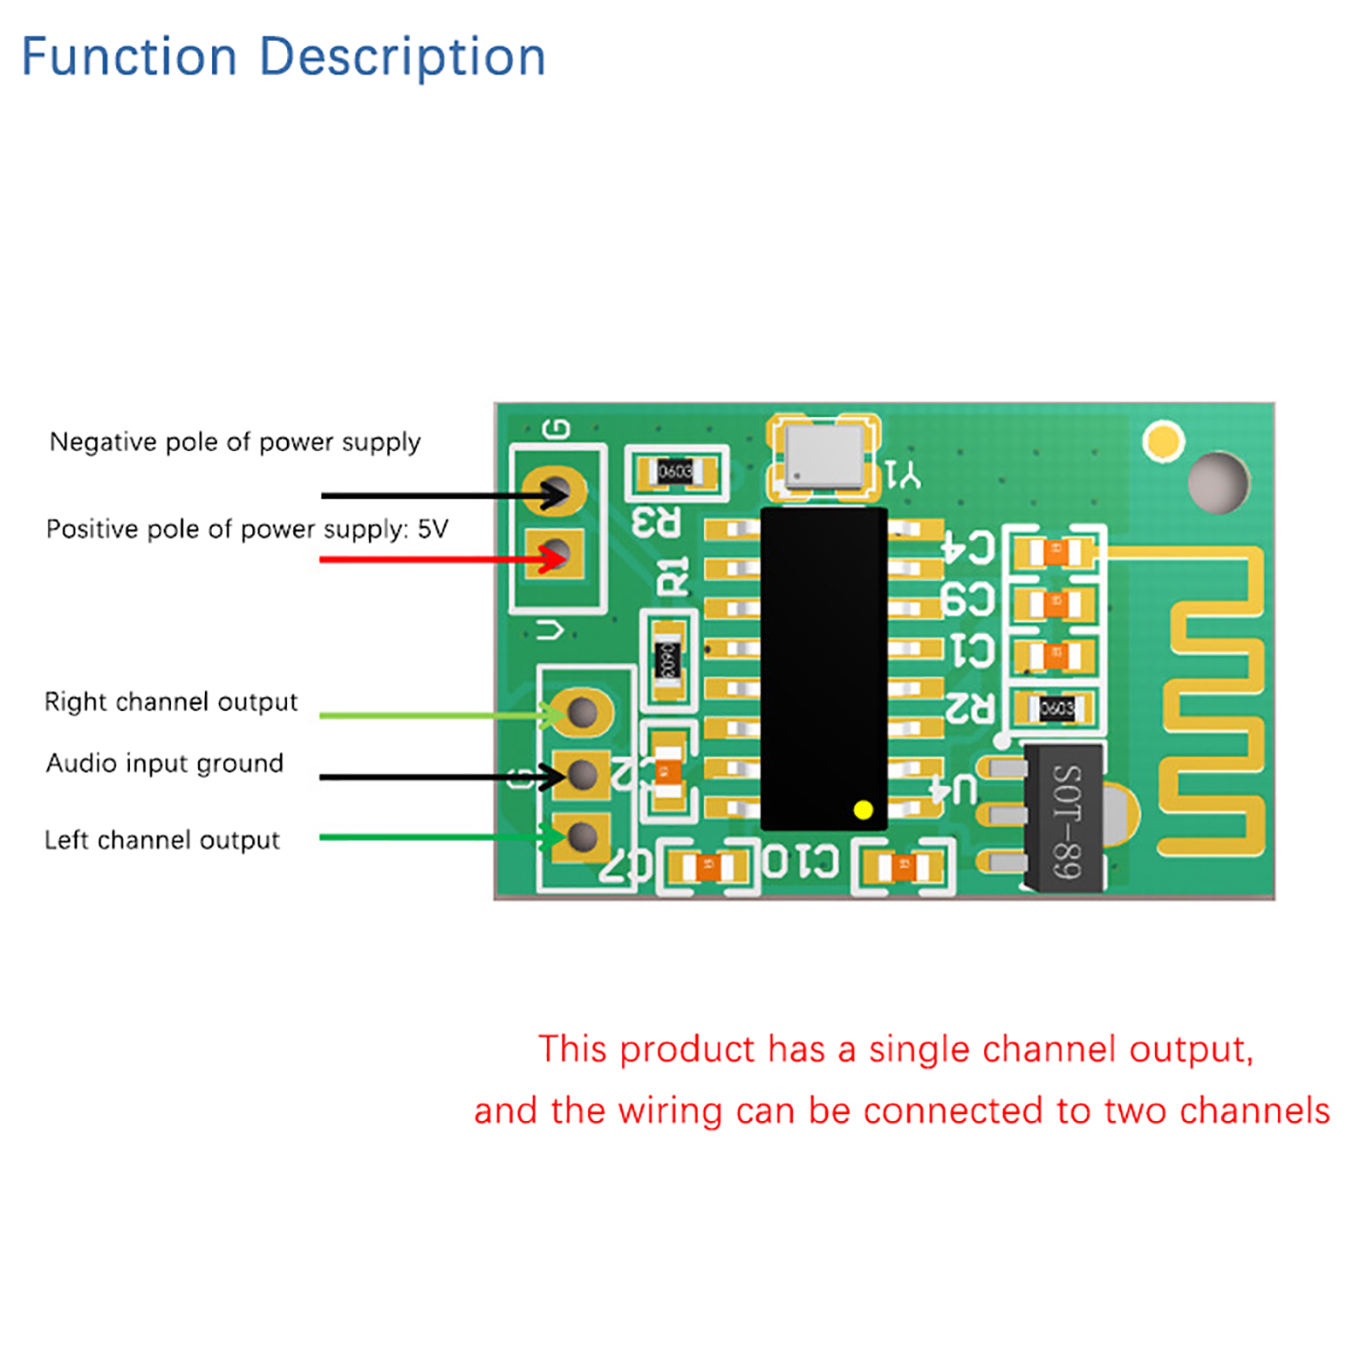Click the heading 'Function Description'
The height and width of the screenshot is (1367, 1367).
coord(283,57)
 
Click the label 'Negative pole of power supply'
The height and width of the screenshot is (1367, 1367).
coord(235,442)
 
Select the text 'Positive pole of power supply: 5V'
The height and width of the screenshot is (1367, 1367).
coord(247,529)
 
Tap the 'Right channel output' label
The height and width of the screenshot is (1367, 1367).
coord(171,701)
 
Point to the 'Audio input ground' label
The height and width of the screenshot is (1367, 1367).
coord(164,763)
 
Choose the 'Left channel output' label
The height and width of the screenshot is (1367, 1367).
coord(161,840)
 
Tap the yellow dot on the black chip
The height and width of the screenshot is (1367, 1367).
coord(863,810)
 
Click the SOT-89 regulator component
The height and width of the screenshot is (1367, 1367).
coord(1064,818)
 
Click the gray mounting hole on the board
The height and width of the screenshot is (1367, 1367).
coord(1217,483)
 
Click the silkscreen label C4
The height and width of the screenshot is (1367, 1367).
coord(968,547)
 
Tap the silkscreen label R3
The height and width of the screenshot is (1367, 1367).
coord(656,522)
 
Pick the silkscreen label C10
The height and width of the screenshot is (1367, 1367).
coord(801,861)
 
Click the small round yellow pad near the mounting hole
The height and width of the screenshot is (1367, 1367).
coord(1163,441)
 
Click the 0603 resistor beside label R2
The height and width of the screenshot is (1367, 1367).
coord(1057,707)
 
